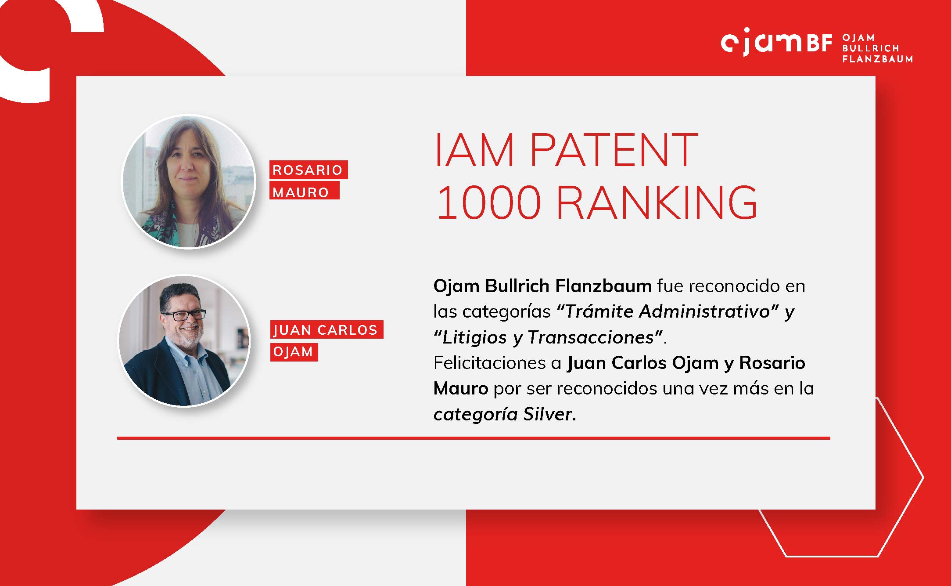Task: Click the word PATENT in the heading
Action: (x=614, y=150)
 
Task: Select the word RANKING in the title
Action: (x=657, y=202)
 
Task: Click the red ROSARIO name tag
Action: (x=309, y=170)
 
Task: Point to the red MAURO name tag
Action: (x=304, y=191)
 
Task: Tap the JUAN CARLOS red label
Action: (x=327, y=329)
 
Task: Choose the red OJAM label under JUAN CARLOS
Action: (x=294, y=352)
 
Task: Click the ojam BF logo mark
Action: (x=776, y=43)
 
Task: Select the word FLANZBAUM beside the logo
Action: (x=878, y=59)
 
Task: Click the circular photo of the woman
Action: (x=189, y=182)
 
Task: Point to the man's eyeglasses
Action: (x=183, y=315)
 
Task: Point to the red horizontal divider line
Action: (x=474, y=438)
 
